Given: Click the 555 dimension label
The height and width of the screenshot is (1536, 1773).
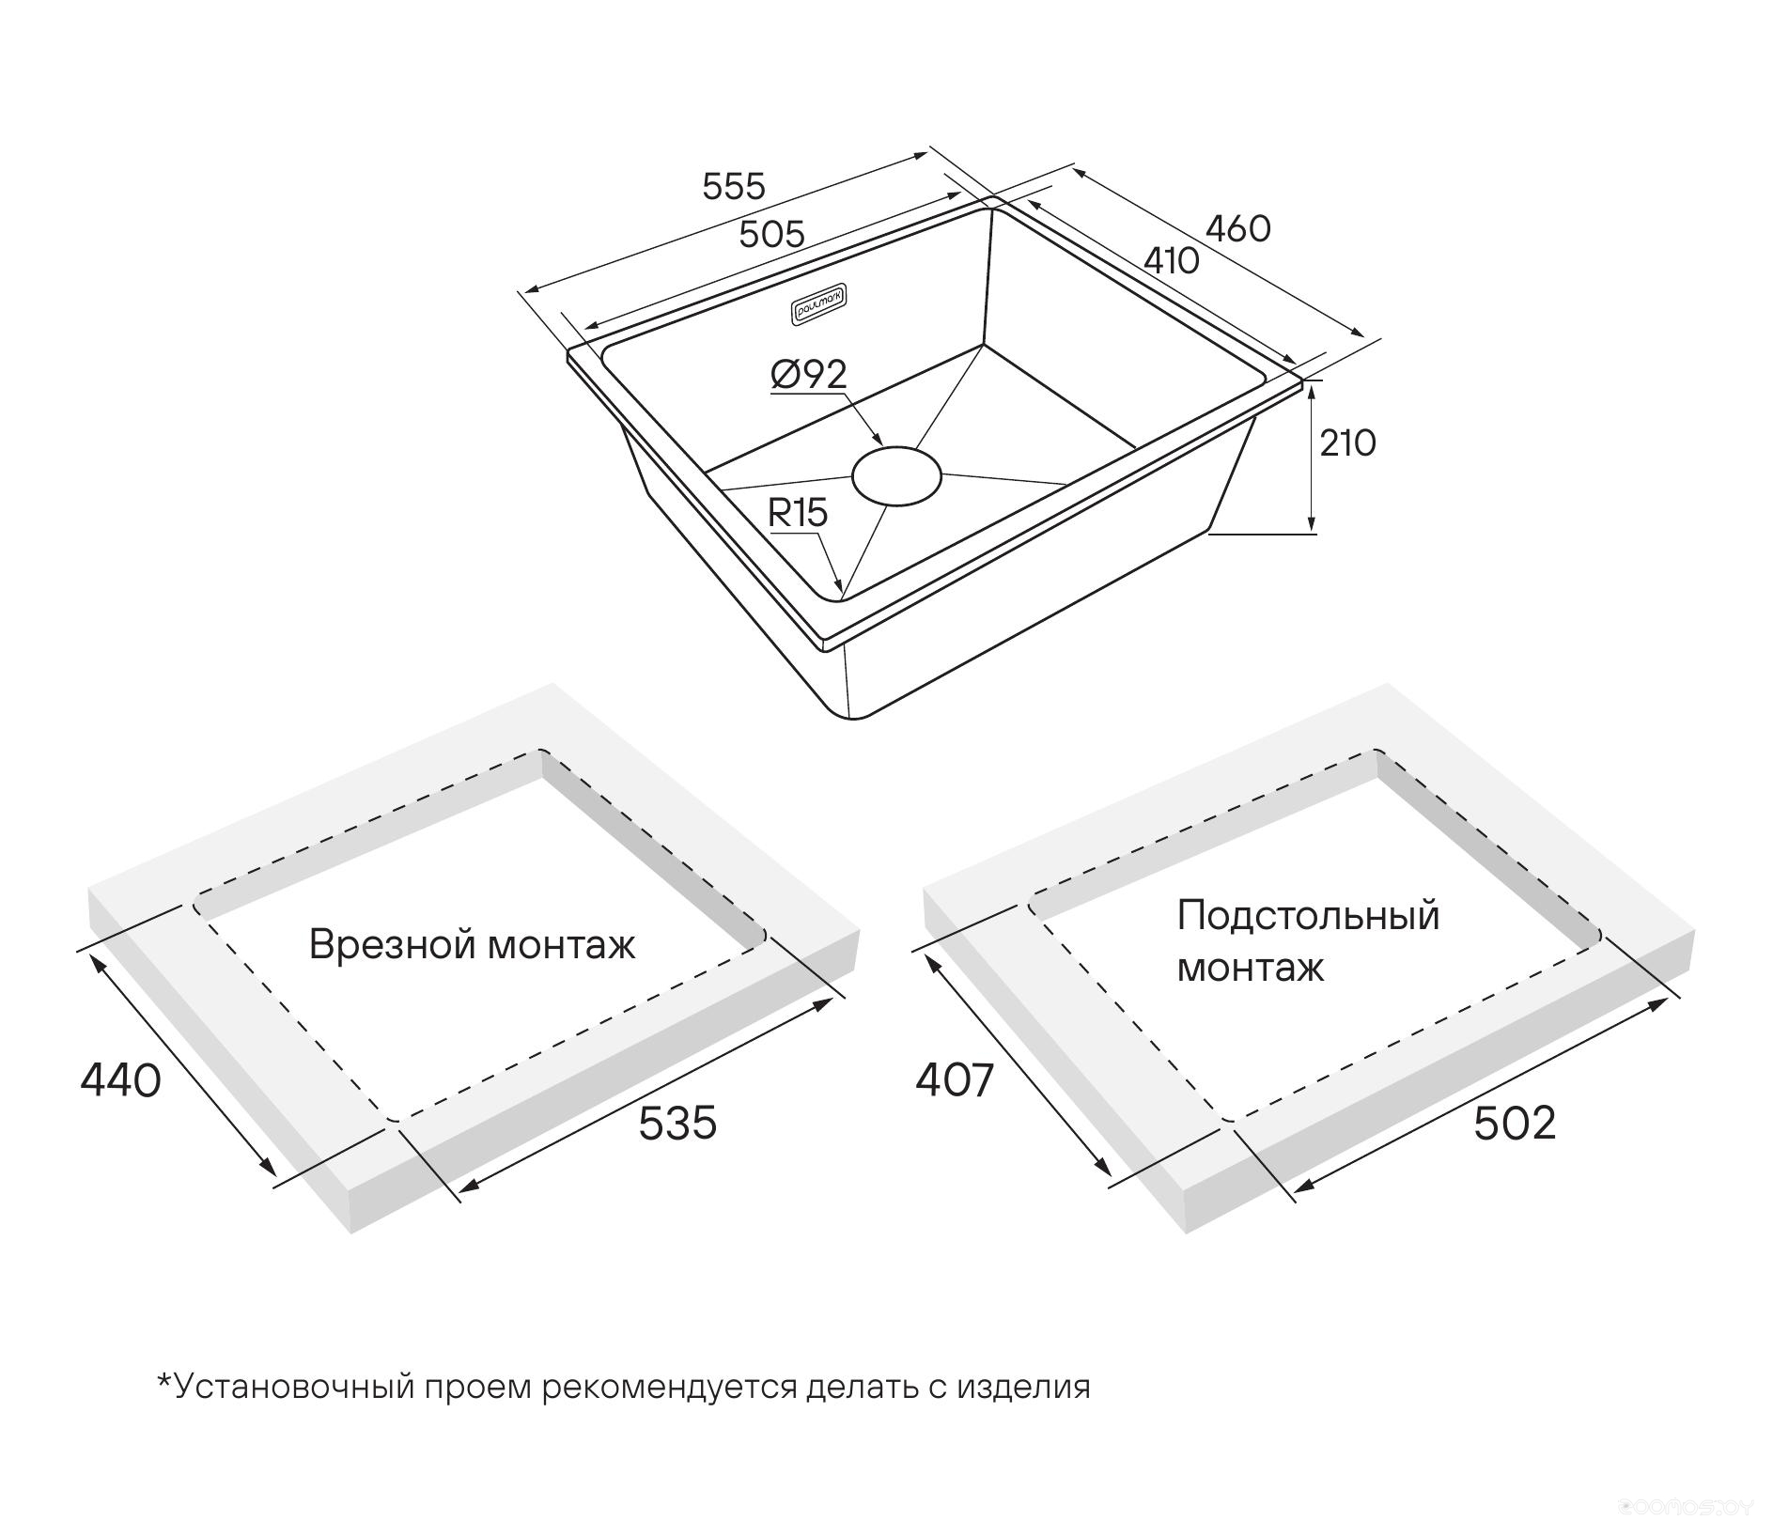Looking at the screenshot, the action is click(734, 186).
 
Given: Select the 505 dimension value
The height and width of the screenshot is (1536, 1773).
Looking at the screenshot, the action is click(771, 234).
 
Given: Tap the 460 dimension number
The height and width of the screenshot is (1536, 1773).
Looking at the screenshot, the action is click(1237, 228).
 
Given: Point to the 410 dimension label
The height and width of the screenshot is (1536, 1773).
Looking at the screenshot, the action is click(1171, 260).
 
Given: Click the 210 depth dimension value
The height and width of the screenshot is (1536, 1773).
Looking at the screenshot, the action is click(1347, 442).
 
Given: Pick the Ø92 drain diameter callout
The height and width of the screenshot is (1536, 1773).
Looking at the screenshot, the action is click(808, 375).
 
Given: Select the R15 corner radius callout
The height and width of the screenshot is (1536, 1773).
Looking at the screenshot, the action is click(798, 513).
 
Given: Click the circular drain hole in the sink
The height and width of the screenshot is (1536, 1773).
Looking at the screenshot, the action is click(896, 475).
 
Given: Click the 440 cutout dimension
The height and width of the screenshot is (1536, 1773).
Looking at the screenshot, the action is click(121, 1080).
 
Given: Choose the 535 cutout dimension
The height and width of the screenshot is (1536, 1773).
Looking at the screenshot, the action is click(677, 1123).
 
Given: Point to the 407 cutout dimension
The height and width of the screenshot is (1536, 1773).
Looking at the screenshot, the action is click(955, 1080).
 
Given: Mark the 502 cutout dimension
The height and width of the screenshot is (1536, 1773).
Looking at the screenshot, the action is click(1515, 1123).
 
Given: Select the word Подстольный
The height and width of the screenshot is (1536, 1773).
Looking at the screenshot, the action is click(1308, 916).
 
